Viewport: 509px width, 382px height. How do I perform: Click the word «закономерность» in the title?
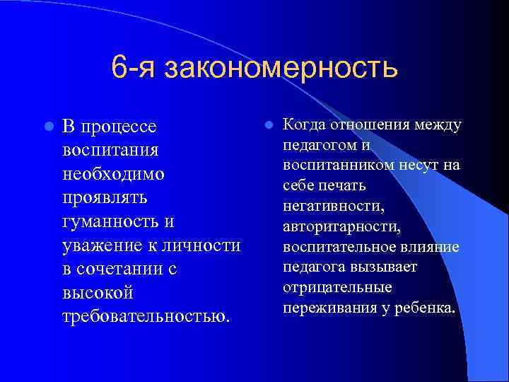pyautogui.click(x=281, y=69)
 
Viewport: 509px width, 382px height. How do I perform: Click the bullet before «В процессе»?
pyautogui.click(x=47, y=127)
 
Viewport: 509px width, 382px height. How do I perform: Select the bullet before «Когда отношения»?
pyautogui.click(x=269, y=125)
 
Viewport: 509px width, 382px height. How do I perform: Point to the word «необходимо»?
pyautogui.click(x=113, y=174)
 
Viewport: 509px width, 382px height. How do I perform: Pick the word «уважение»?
pyautogui.click(x=100, y=245)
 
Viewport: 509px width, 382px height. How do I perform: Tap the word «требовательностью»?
pyautogui.click(x=146, y=316)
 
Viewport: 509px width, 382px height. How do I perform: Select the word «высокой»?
pyautogui.click(x=98, y=293)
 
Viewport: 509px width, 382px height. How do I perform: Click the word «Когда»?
pyautogui.click(x=303, y=125)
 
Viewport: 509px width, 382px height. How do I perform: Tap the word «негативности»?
pyautogui.click(x=333, y=207)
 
